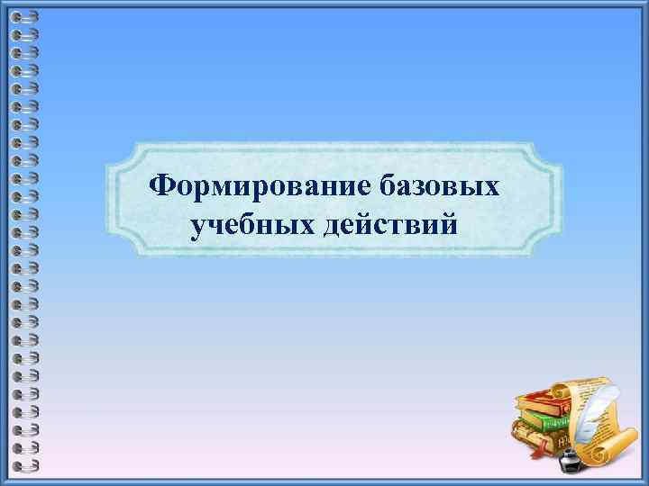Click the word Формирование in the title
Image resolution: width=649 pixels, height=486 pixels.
(x=260, y=186)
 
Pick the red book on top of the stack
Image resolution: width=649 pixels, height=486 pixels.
(x=539, y=400)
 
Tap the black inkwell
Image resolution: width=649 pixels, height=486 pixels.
(x=569, y=462)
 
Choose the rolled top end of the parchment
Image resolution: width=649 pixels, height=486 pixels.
(x=563, y=391)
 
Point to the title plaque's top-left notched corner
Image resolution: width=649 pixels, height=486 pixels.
(x=118, y=153)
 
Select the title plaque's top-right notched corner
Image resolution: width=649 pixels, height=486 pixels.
(x=551, y=153)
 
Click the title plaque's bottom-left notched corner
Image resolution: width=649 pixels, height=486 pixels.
(x=118, y=247)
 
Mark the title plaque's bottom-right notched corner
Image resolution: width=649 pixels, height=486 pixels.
(x=551, y=247)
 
